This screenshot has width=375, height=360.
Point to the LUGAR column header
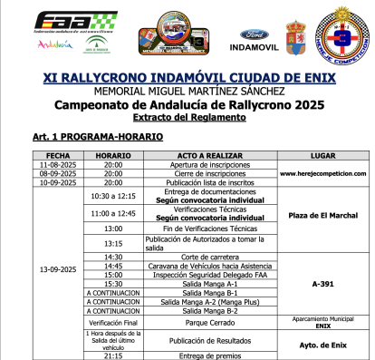click(x=323, y=155)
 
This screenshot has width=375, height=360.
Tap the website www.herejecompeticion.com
click(x=323, y=173)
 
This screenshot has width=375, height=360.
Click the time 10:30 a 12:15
click(x=113, y=195)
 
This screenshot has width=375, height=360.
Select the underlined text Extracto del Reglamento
click(x=187, y=118)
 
